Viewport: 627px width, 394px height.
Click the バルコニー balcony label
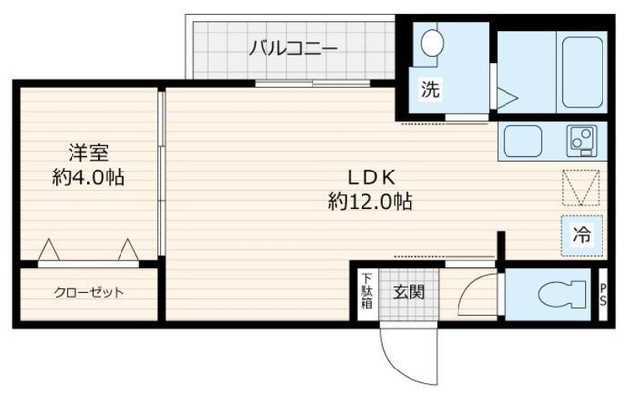click(292, 46)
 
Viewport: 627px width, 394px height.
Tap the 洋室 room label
click(87, 153)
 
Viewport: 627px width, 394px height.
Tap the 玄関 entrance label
click(408, 292)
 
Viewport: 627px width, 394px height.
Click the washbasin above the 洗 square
click(431, 42)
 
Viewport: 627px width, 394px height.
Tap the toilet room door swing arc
click(478, 292)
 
